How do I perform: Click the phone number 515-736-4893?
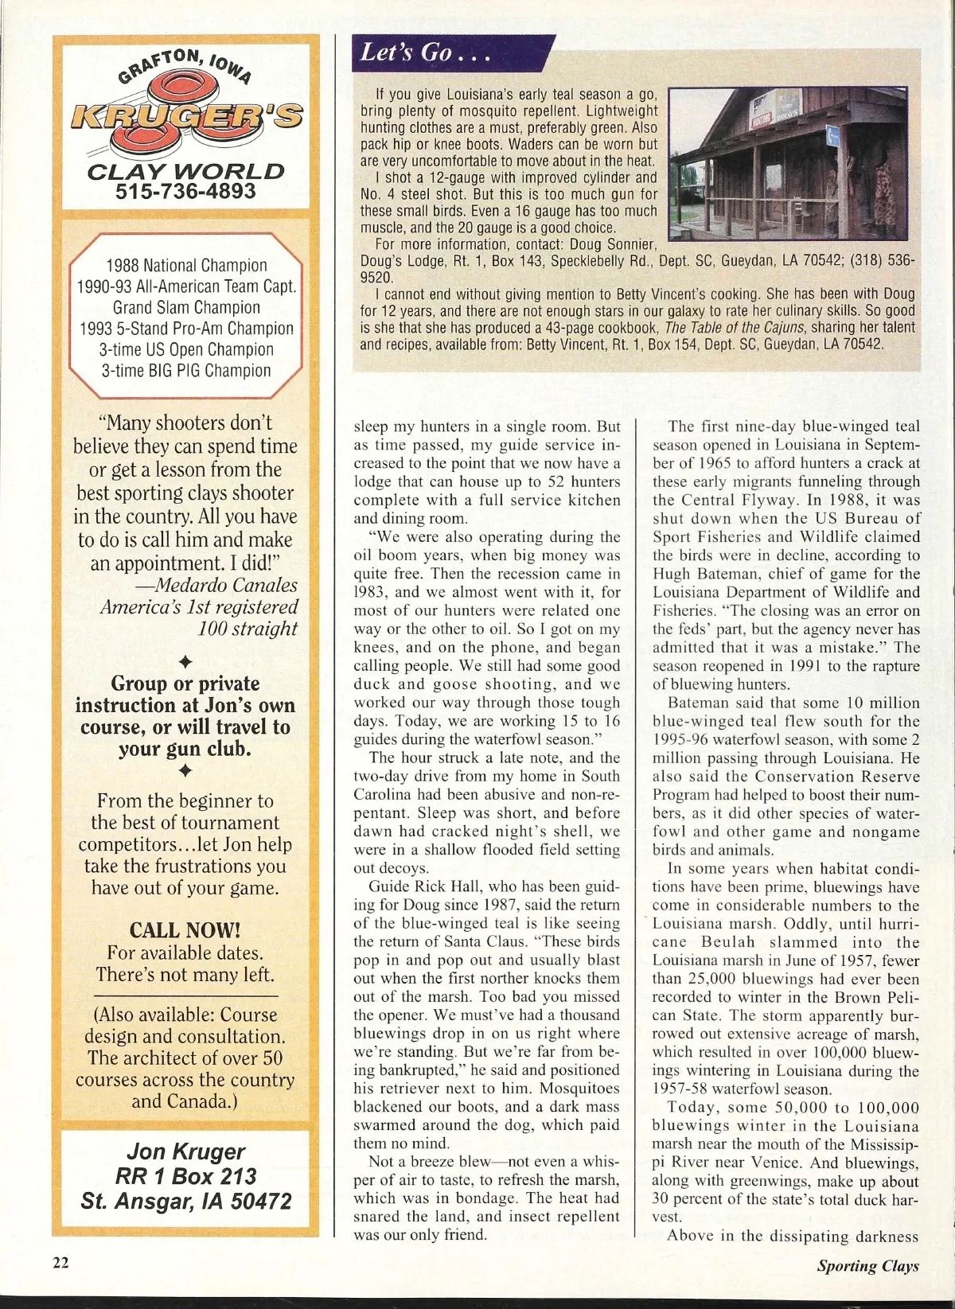pos(185,192)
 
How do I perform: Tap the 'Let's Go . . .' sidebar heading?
pos(424,53)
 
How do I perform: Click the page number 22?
pos(61,1263)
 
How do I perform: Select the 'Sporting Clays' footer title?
pos(867,1265)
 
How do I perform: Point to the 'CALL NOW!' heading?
pos(185,930)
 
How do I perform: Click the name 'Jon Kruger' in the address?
pos(185,1151)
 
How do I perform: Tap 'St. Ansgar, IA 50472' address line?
pos(186,1201)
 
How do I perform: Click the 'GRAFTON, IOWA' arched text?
pos(185,65)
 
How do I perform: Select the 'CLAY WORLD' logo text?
pos(185,171)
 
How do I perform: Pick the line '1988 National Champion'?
pos(186,265)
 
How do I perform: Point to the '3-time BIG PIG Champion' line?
pos(186,370)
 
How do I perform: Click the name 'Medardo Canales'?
pos(226,585)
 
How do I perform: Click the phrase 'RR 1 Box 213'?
pos(185,1176)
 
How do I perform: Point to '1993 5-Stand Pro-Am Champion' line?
pos(186,328)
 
